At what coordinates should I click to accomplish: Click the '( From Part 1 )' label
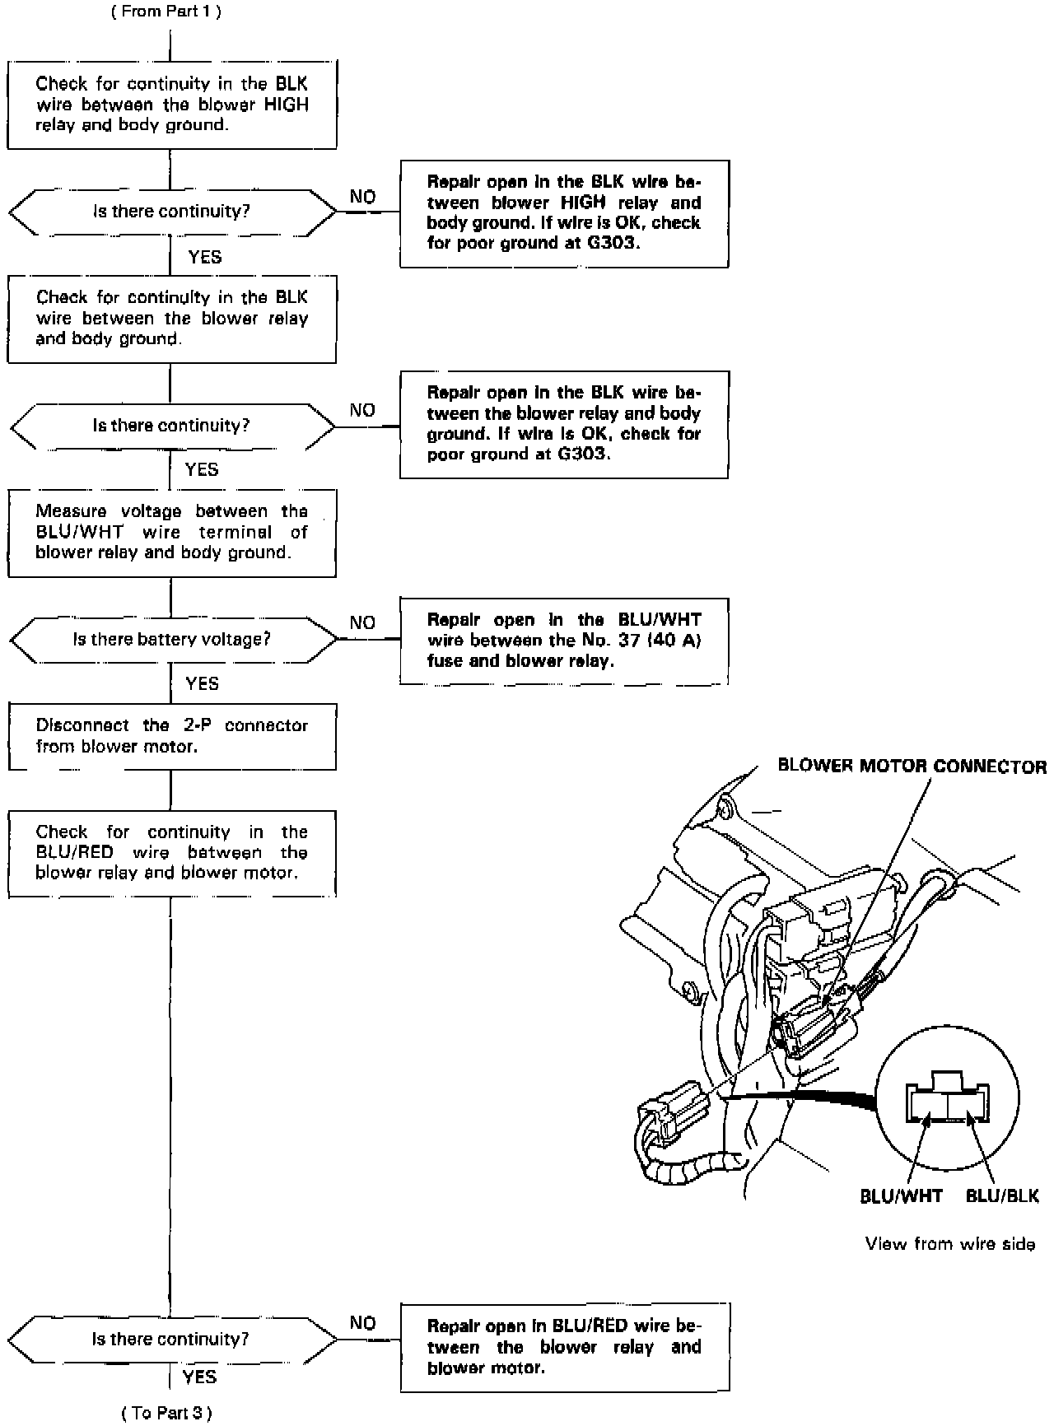pos(166,11)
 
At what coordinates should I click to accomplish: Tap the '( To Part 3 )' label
pos(166,1413)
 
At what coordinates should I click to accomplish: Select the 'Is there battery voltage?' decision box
pos(171,640)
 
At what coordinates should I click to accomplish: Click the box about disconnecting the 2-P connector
pos(171,736)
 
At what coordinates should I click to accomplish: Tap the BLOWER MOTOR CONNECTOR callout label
pos(912,767)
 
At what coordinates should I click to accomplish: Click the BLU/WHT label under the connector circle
pos(901,1196)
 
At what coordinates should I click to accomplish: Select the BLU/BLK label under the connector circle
pos(1002,1196)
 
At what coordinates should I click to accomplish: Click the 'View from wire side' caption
pos(949,1244)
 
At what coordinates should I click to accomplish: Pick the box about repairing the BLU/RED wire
pos(564,1347)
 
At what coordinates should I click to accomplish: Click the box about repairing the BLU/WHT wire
pos(564,641)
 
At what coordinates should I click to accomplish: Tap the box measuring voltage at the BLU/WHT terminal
pos(171,532)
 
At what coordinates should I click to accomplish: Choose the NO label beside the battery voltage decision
pos(362,623)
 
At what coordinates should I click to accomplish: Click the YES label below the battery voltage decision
pos(202,683)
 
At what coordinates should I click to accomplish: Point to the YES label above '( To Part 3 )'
pos(199,1377)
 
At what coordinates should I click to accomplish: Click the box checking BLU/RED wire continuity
pos(171,852)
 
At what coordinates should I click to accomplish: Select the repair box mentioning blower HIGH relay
pos(564,213)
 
